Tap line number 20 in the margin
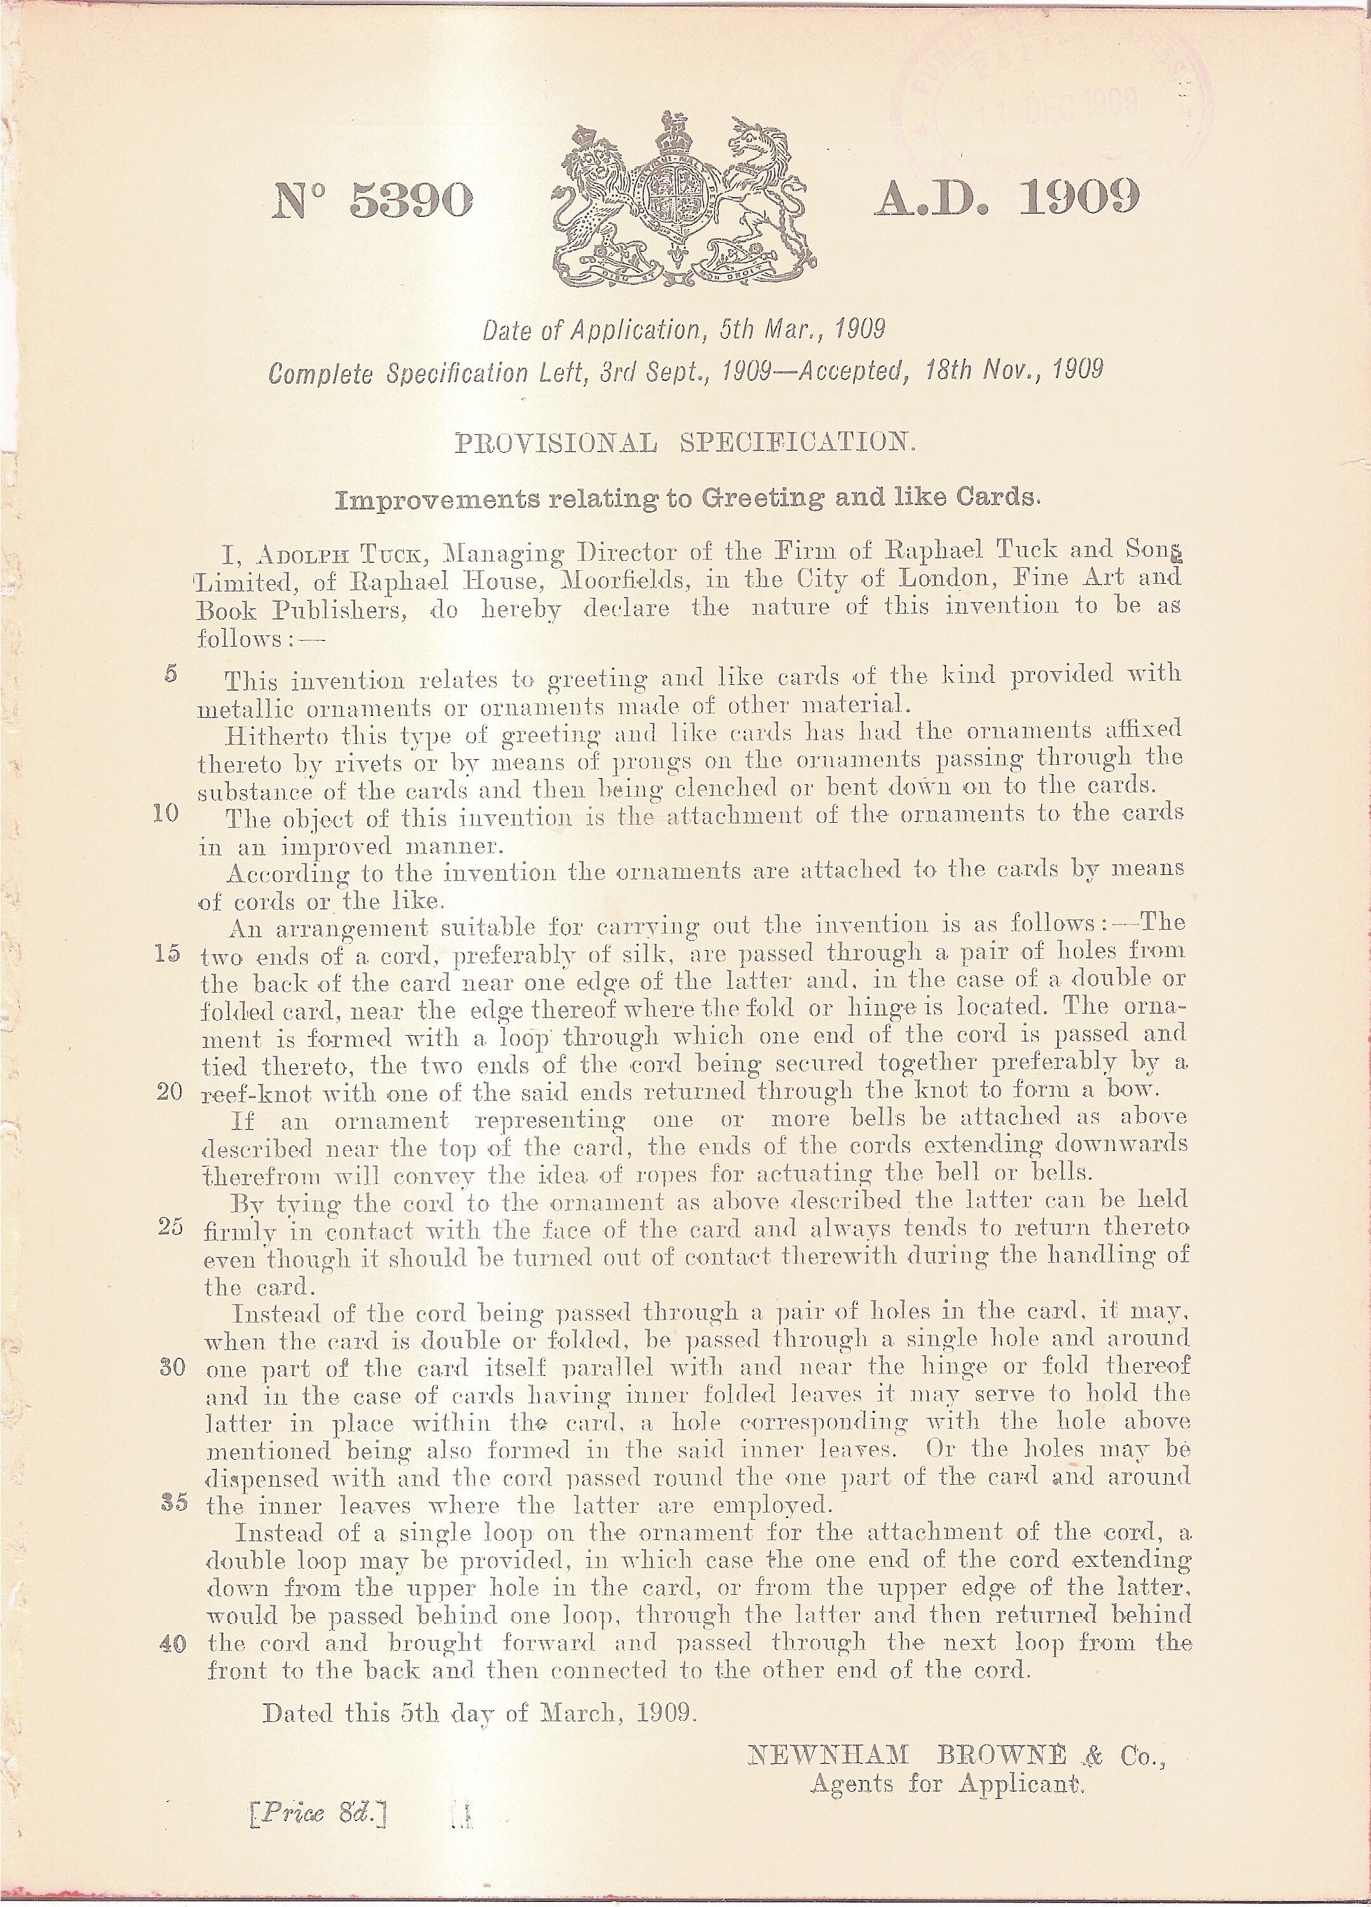[170, 1092]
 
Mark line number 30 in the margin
[172, 1367]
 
